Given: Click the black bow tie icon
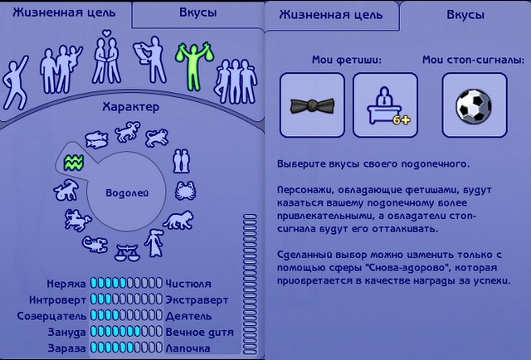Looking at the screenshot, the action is [x=312, y=105].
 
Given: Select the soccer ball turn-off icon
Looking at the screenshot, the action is [x=474, y=105].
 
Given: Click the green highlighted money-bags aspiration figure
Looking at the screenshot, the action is [x=193, y=66].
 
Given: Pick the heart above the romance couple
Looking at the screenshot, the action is [x=107, y=33].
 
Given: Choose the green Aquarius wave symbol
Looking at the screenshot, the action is [x=74, y=163].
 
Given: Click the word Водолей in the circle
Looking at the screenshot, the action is [x=127, y=193].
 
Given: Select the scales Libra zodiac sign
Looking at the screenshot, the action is [x=127, y=252].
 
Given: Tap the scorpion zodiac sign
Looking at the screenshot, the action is [x=95, y=245].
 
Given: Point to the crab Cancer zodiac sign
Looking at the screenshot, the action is [x=185, y=190].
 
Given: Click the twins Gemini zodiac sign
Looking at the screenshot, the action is [x=181, y=161].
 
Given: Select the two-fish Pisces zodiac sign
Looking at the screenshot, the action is [x=96, y=139].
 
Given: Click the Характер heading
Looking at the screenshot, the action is [x=131, y=107].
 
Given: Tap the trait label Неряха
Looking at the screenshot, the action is [x=66, y=284].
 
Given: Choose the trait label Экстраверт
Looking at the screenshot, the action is [x=197, y=300].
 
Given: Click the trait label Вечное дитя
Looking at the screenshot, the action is [x=199, y=333].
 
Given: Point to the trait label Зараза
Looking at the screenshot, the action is [x=66, y=348].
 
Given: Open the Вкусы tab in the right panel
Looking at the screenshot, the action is [x=465, y=15].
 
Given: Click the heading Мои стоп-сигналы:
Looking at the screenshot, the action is [x=474, y=61].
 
